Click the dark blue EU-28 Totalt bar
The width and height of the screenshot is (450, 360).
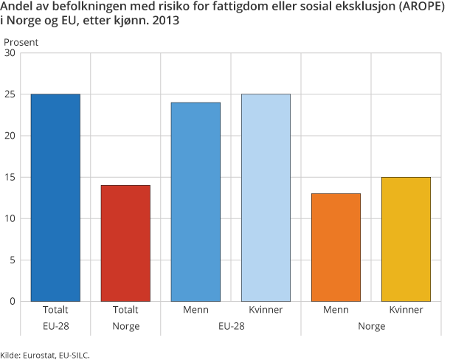[55, 197]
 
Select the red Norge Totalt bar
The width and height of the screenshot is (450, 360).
[125, 243]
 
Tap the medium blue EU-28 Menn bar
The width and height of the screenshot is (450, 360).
[195, 201]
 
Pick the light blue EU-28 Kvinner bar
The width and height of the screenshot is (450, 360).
[266, 197]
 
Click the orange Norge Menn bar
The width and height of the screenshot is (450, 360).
[336, 247]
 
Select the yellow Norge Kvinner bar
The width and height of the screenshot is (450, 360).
[406, 238]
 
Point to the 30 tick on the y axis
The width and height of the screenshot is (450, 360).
[10, 53]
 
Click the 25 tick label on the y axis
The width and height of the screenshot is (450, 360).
[10, 94]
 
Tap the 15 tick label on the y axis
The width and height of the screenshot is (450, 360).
[10, 177]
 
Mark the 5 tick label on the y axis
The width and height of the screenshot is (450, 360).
[13, 260]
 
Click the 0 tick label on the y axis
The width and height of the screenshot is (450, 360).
[13, 301]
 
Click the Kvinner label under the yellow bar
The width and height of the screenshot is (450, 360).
[406, 310]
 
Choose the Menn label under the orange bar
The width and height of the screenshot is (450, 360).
[336, 310]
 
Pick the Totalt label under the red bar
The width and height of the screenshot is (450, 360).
[125, 310]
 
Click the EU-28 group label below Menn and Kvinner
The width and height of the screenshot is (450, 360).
[230, 325]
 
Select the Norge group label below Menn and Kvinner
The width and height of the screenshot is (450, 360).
[370, 325]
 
